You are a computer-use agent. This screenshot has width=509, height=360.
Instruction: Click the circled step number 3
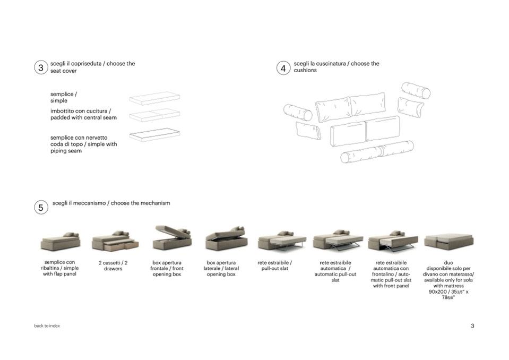tap(41, 67)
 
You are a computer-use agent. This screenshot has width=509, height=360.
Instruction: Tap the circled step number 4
tap(283, 68)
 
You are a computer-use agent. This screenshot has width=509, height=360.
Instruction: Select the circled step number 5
tap(41, 208)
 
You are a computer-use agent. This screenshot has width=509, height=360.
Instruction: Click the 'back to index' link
tap(47, 325)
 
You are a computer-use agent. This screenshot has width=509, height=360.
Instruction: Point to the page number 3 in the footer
tap(472, 325)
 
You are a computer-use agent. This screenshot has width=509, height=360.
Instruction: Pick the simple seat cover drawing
tap(154, 98)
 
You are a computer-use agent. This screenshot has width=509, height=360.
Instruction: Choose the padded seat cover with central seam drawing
tap(154, 115)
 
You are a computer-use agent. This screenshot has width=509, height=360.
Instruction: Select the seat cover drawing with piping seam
tap(154, 134)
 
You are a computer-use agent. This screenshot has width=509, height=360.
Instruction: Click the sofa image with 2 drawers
tap(115, 241)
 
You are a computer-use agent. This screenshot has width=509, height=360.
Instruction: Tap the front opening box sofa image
tap(172, 238)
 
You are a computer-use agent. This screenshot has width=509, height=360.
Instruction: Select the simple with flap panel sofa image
tap(61, 241)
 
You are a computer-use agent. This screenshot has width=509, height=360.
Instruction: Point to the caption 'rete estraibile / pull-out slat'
tap(274, 265)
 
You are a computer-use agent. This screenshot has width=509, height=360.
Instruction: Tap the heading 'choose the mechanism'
tap(140, 203)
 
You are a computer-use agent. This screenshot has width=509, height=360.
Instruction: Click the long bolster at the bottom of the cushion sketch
tap(377, 152)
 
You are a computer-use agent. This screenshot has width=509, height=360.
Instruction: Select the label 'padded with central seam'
tap(83, 117)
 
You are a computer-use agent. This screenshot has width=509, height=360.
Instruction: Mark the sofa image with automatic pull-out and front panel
tap(393, 241)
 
